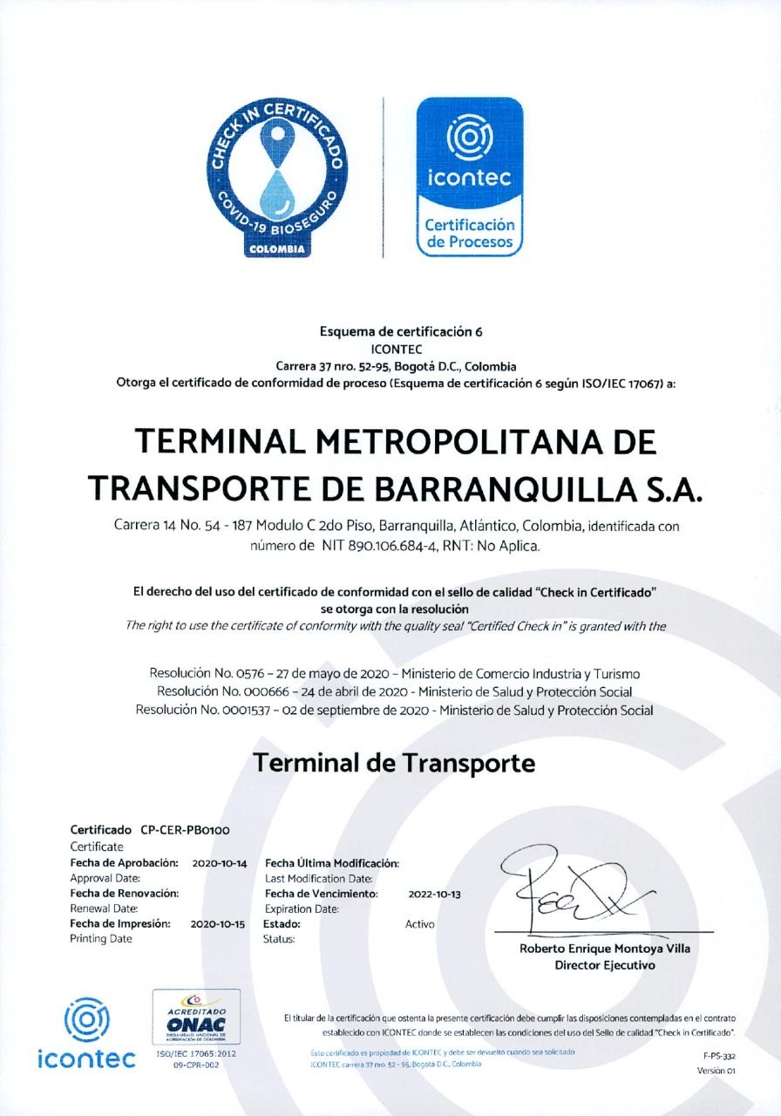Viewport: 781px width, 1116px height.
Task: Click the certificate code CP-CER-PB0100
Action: [x=185, y=830]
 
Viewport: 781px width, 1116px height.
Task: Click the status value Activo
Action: [x=420, y=923]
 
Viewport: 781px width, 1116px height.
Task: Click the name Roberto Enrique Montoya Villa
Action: [x=604, y=949]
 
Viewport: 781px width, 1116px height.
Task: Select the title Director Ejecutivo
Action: [x=604, y=965]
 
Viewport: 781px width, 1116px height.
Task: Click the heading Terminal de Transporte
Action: [x=393, y=764]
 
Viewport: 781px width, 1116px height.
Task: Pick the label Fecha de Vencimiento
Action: [x=321, y=894]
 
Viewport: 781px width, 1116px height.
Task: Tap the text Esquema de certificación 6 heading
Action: [x=401, y=331]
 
